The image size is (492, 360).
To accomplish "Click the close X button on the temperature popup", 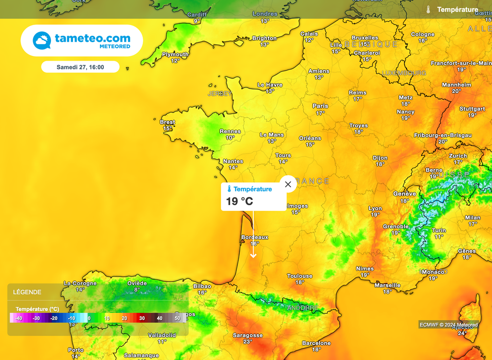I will click(288, 184).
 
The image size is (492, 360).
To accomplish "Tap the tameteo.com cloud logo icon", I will click(42, 40).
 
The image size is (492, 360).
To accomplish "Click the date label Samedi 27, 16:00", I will click(80, 67).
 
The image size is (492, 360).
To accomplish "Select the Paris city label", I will click(320, 106).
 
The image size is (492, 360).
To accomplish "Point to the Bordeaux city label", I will click(255, 237).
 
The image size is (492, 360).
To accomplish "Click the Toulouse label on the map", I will click(300, 276).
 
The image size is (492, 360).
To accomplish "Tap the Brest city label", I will click(167, 122).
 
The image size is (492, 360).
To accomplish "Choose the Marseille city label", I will click(387, 285).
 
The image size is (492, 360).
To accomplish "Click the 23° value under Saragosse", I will click(247, 342).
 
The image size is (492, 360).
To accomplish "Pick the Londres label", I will click(265, 14).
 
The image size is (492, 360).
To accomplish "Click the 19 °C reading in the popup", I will click(239, 201).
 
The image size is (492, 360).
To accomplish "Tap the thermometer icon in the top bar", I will click(428, 9).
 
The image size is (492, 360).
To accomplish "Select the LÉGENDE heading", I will click(27, 292).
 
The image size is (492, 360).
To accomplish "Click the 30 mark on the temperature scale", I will click(142, 318).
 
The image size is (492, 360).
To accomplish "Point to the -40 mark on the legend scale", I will click(18, 318).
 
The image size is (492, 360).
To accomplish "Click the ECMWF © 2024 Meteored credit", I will click(449, 325).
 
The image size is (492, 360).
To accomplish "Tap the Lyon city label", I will click(375, 209).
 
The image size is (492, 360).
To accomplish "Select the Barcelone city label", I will click(316, 343).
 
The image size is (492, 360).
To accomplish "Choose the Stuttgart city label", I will click(472, 109).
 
